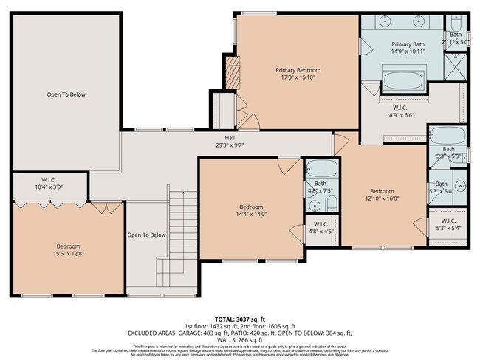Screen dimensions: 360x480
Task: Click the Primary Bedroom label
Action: (x=298, y=70)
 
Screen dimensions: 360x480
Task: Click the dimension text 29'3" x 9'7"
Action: (x=229, y=145)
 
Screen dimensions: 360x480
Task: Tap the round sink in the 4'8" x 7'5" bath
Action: (x=315, y=205)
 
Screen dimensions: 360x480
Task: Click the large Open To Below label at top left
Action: (x=66, y=94)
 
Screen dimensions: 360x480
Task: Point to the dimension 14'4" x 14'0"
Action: (x=251, y=215)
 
